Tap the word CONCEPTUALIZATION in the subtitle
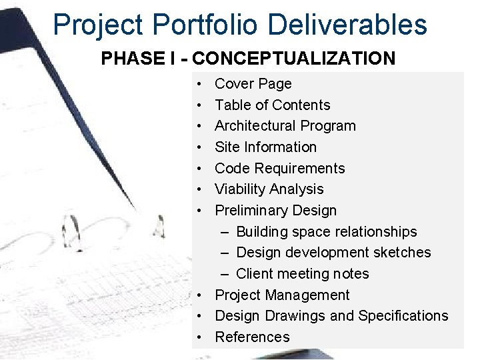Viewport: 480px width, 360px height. pos(296,59)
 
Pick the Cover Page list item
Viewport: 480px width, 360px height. pos(253,84)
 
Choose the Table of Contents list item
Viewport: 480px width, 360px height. pos(272,105)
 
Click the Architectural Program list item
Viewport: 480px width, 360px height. pos(285,126)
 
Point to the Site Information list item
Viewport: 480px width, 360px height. pos(265,147)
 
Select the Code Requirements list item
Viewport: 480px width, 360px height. pos(279,168)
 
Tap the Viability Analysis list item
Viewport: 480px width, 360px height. pos(269,189)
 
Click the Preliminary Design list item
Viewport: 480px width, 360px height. pos(275,211)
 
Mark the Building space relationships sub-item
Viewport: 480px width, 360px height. pos(326,232)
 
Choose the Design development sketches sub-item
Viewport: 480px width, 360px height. pos(333,253)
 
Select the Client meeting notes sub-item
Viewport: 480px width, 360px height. pos(302,274)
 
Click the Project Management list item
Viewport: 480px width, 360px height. pos(282,295)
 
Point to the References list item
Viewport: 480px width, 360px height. pos(252,337)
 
